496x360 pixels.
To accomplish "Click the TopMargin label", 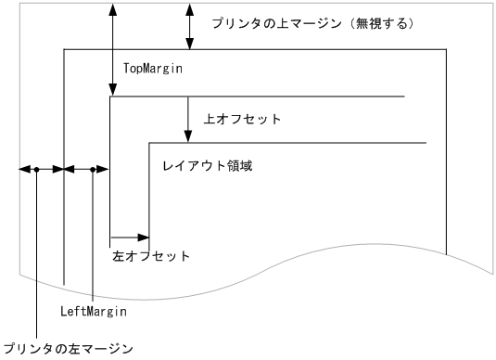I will click(152, 69).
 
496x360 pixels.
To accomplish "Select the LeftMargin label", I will click(93, 313).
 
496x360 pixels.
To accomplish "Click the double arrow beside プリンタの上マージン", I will click(190, 25).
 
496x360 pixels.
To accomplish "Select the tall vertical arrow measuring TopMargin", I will click(112, 46).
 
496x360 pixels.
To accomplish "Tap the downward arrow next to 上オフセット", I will click(188, 118).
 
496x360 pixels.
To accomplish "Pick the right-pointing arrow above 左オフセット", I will click(130, 238).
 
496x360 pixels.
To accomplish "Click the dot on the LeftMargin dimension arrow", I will click(94, 170).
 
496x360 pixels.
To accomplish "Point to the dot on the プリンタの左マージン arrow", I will click(36, 170).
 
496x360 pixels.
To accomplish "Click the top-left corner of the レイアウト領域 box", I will click(149, 143).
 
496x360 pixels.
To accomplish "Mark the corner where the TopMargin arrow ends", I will click(111, 96).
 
